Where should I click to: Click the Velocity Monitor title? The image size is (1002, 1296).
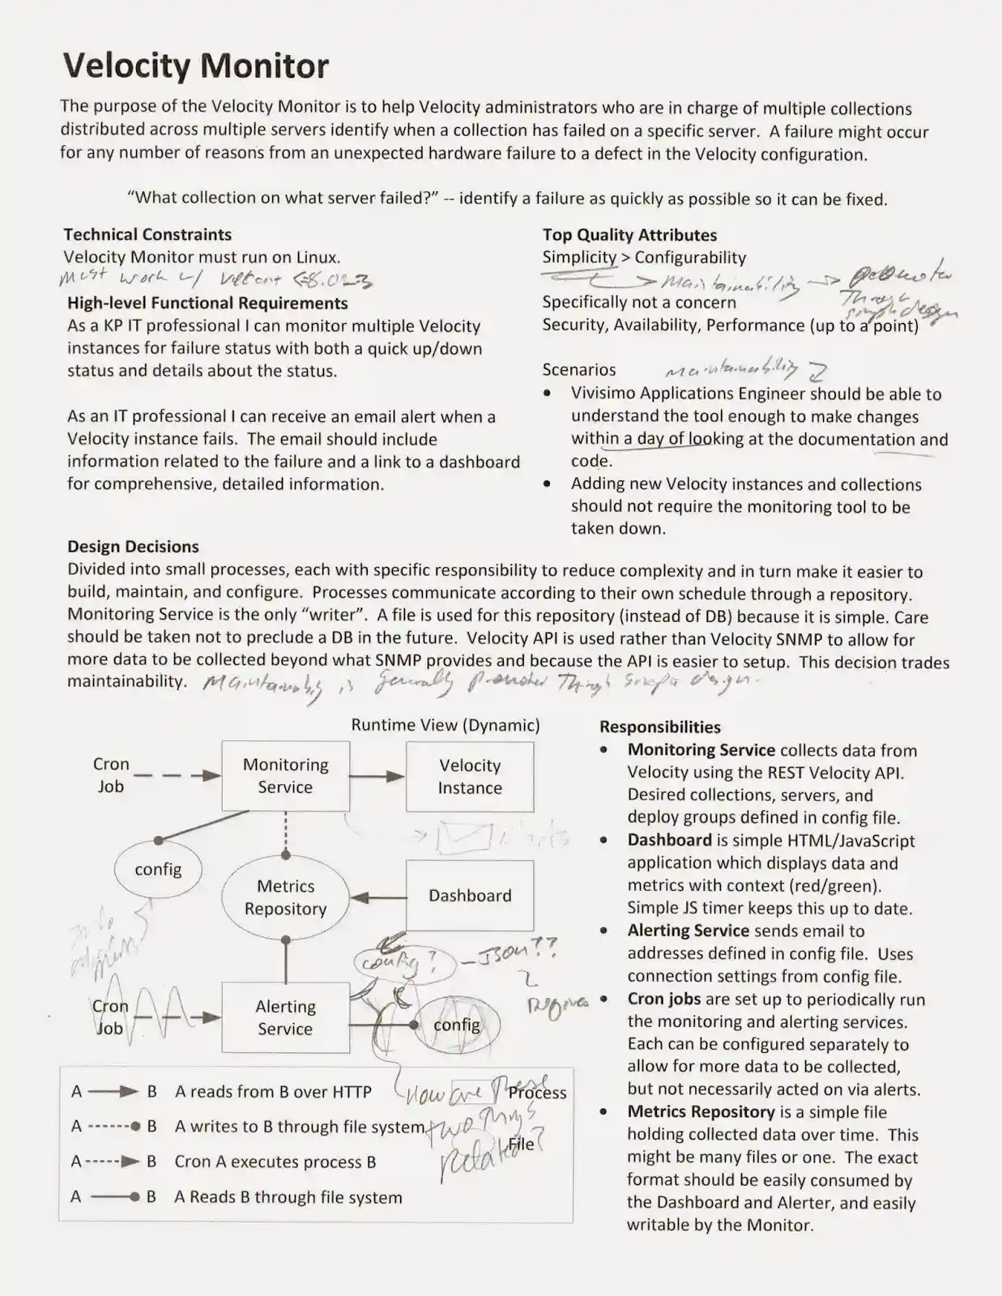196,66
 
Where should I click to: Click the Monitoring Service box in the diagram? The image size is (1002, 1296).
285,776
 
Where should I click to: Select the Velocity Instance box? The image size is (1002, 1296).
470,777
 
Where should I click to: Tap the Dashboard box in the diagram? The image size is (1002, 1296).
470,896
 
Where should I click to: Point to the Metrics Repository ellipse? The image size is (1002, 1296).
285,897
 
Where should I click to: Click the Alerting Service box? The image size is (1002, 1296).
285,1017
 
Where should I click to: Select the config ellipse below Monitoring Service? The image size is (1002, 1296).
158,869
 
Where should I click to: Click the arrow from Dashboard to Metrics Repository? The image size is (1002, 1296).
378,897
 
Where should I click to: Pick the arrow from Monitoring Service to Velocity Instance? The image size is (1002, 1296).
377,776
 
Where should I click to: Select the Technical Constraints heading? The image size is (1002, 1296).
147,235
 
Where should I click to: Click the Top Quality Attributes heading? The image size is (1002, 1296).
629,235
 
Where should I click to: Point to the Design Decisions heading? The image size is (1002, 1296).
133,547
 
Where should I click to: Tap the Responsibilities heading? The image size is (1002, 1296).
659,727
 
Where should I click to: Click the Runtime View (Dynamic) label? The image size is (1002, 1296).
445,725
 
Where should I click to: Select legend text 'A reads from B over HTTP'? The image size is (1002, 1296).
273,1092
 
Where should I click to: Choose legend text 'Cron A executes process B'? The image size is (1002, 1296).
275,1162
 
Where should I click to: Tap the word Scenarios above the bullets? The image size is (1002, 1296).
578,369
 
